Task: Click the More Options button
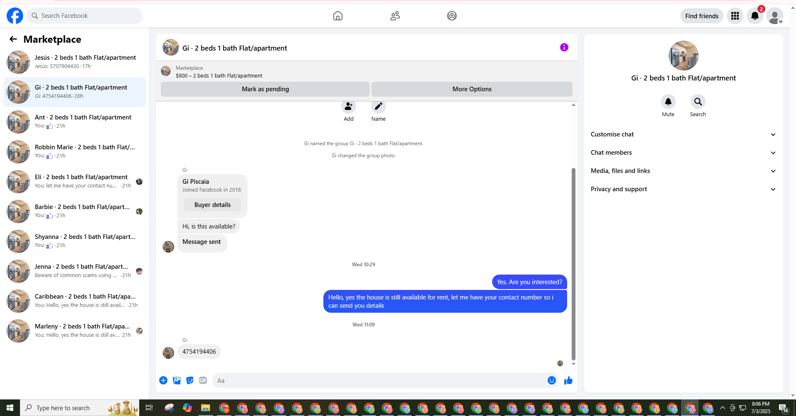472,89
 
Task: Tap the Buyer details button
212,205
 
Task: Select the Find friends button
701,16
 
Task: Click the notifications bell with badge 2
755,16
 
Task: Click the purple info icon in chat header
564,47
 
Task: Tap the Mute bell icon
668,102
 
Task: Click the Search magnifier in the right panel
698,102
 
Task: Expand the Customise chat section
683,134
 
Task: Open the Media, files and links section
683,171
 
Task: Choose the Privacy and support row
683,189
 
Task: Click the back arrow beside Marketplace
13,39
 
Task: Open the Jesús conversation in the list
75,62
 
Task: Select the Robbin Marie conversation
75,152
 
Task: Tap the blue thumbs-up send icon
568,380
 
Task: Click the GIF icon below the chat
203,380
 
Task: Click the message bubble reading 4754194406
199,352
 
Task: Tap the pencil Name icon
379,107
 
